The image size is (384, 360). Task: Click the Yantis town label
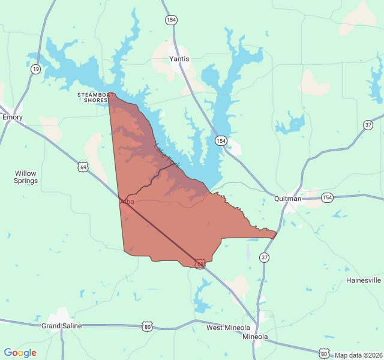click(x=179, y=59)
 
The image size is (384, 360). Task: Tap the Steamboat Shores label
click(x=96, y=97)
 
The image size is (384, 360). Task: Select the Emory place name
click(x=12, y=117)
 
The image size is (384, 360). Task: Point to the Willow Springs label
click(x=26, y=177)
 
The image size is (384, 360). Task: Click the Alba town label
click(x=127, y=202)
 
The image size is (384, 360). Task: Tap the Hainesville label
click(x=363, y=280)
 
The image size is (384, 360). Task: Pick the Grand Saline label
click(x=61, y=326)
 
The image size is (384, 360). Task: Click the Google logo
click(x=20, y=353)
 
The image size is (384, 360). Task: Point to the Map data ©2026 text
click(x=358, y=355)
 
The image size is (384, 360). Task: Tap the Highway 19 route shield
click(x=36, y=70)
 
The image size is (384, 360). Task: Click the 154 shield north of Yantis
click(x=172, y=20)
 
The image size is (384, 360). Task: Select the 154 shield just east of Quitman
click(x=327, y=197)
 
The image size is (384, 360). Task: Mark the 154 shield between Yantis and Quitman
click(x=221, y=140)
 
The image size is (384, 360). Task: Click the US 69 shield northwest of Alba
click(x=83, y=166)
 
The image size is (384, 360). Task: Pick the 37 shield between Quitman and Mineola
click(x=264, y=257)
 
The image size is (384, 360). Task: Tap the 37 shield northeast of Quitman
click(x=368, y=125)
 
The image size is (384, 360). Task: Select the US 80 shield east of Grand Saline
click(x=148, y=326)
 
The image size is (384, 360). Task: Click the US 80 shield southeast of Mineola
click(x=324, y=353)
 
